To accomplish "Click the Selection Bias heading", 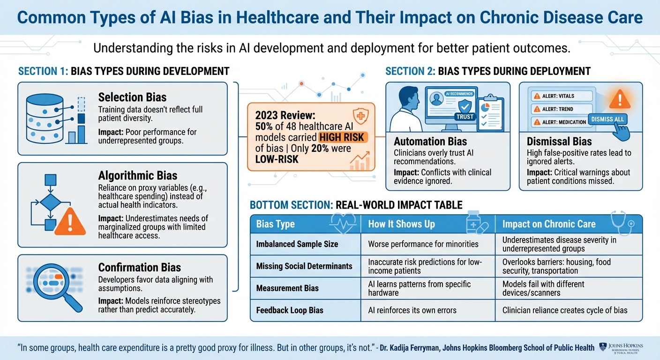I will click(x=132, y=97).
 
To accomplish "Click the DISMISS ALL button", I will click(x=607, y=119).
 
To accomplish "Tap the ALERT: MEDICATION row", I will click(x=560, y=122).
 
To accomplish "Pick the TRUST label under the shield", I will click(x=465, y=117).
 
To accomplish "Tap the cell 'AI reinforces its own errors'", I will click(x=412, y=310).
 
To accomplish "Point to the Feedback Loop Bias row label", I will click(x=290, y=310).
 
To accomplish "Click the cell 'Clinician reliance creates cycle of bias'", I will click(x=565, y=310).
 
